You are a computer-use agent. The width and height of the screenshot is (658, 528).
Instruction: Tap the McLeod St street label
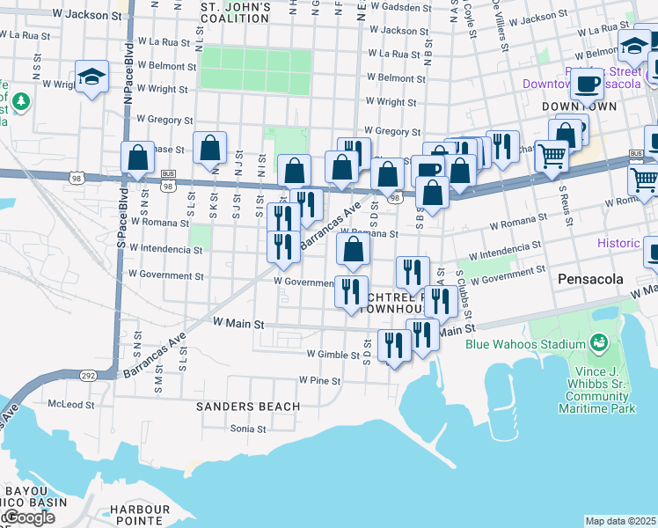coord(70,404)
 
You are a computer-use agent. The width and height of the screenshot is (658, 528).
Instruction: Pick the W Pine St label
coord(318,380)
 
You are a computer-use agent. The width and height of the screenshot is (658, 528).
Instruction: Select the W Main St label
coord(238,324)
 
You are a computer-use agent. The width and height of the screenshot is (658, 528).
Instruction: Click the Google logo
coord(28,517)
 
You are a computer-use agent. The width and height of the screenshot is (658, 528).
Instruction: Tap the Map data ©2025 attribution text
coord(620,521)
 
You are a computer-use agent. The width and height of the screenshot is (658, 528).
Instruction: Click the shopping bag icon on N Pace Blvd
coord(138,158)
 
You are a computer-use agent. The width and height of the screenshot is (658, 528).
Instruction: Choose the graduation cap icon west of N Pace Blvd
coord(91,77)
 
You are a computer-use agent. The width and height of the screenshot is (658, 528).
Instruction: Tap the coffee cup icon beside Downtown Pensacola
coord(587,84)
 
